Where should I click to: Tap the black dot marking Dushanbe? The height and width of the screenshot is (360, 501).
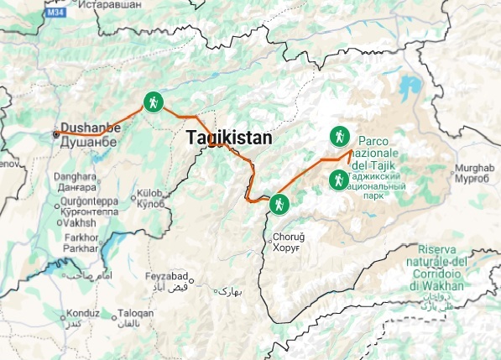56,133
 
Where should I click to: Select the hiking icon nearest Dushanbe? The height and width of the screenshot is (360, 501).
152,102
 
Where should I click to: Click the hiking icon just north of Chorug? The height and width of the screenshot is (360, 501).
279,203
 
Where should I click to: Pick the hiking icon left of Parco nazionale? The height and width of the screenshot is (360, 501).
339,136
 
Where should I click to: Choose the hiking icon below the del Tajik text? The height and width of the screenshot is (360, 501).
338,179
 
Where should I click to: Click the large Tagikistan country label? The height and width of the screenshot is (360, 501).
228,138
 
